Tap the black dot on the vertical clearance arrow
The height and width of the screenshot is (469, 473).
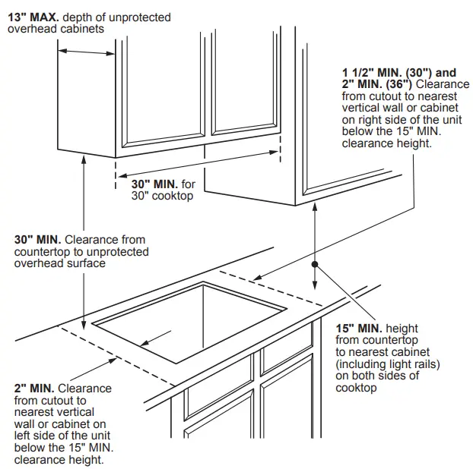[314, 265]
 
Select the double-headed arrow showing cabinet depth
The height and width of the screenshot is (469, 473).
[86, 52]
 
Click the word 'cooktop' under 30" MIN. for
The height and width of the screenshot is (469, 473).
[173, 196]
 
